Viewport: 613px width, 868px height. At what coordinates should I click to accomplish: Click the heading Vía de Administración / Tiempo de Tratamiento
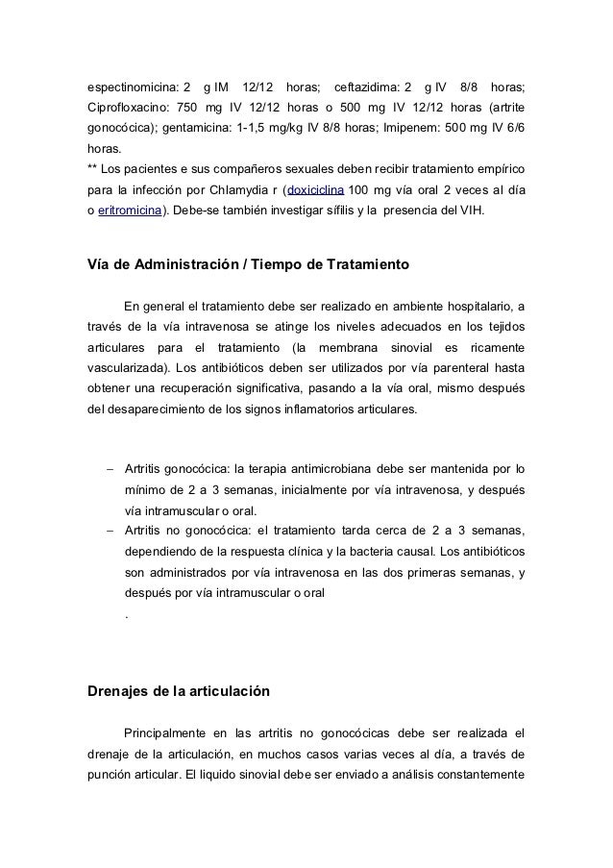click(x=249, y=263)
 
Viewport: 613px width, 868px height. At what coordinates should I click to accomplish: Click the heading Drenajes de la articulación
click(x=180, y=691)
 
